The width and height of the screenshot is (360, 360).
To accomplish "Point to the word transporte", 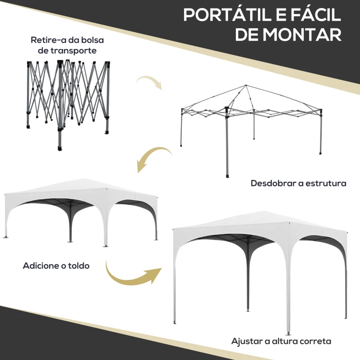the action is click(x=73, y=50).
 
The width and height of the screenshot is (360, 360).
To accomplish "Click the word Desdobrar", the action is click(x=273, y=183).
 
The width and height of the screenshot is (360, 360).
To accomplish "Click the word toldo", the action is click(x=79, y=265).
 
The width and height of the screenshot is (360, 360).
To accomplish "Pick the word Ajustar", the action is click(x=247, y=342).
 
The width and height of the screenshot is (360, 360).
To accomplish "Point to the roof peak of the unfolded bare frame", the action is click(x=246, y=85).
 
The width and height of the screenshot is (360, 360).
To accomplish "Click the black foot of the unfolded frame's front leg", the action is click(x=227, y=176).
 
